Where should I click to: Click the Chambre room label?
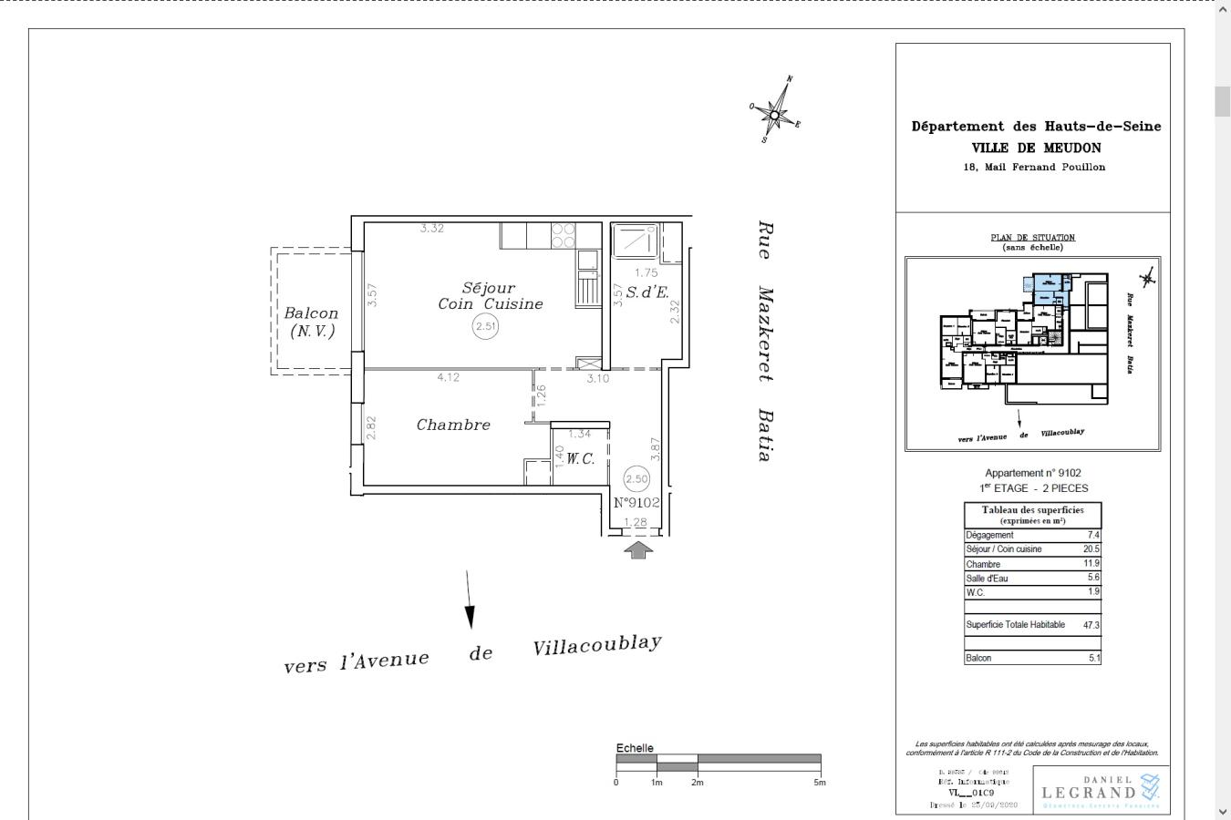pyautogui.click(x=453, y=425)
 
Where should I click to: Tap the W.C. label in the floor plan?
pyautogui.click(x=580, y=458)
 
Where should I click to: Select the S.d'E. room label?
pyautogui.click(x=647, y=292)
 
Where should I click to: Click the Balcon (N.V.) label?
pyautogui.click(x=312, y=322)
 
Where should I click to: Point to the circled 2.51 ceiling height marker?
pyautogui.click(x=485, y=326)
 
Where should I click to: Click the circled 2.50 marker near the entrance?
pyautogui.click(x=636, y=478)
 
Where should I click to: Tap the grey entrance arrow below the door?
pyautogui.click(x=638, y=549)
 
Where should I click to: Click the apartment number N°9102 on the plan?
pyautogui.click(x=636, y=502)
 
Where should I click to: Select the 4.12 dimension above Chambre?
pyautogui.click(x=448, y=377)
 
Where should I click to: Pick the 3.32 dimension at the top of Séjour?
pyautogui.click(x=432, y=228)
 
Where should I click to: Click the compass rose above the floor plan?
pyautogui.click(x=775, y=113)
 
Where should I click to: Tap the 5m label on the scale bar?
pyautogui.click(x=820, y=783)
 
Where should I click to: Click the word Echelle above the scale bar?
pyautogui.click(x=635, y=748)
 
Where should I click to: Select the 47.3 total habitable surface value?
pyautogui.click(x=1091, y=625)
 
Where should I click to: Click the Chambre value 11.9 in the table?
pyautogui.click(x=1092, y=564)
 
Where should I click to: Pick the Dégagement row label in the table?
pyautogui.click(x=989, y=535)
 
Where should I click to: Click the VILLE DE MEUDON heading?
pyautogui.click(x=1036, y=148)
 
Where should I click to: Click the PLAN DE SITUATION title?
pyautogui.click(x=1032, y=238)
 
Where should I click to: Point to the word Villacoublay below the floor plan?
pyautogui.click(x=597, y=645)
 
